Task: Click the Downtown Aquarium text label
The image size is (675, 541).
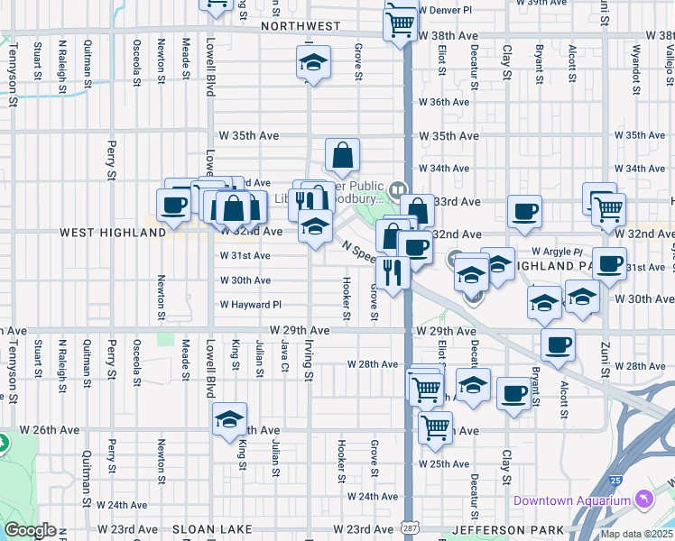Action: (x=572, y=500)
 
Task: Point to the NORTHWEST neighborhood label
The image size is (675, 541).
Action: (x=301, y=27)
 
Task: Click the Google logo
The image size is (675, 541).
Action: (x=30, y=530)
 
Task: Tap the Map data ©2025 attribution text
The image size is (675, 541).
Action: (x=637, y=534)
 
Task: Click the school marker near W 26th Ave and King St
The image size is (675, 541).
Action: (x=230, y=419)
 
